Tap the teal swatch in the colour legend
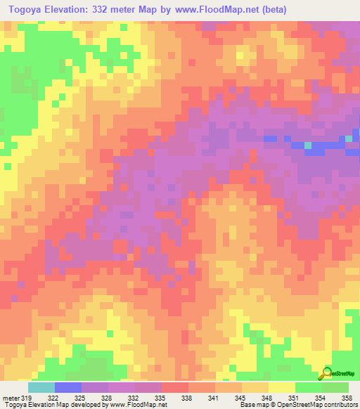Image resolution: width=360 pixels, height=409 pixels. (x=41, y=387)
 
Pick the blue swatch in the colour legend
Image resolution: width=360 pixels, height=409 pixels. (x=68, y=387)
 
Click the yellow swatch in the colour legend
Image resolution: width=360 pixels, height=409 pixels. (x=281, y=387)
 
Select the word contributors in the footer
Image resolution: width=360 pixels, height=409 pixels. (x=340, y=405)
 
